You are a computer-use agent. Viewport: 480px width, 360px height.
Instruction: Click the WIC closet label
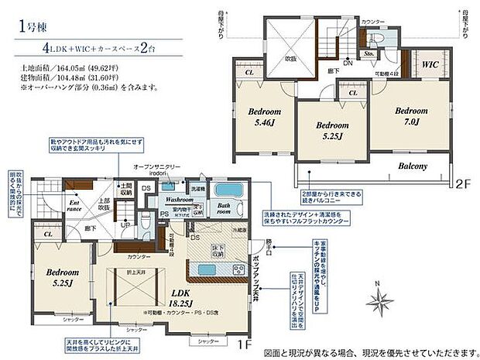(430, 65)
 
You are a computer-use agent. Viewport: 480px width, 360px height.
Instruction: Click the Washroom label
(180, 199)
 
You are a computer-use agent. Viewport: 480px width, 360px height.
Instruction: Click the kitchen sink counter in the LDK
(211, 269)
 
